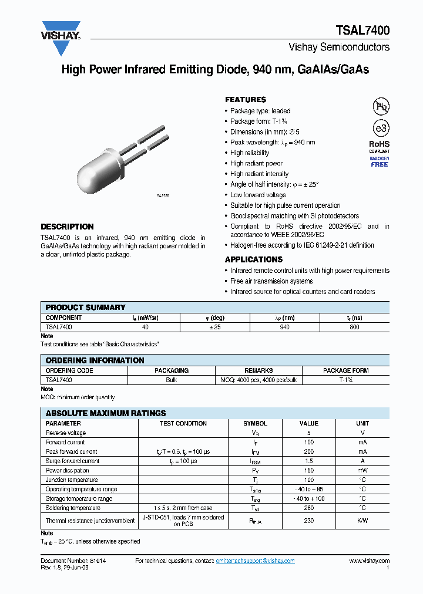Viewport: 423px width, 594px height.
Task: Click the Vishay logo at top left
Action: point(60,31)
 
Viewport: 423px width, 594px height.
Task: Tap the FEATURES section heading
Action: point(246,100)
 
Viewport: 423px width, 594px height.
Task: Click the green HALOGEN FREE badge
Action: point(380,162)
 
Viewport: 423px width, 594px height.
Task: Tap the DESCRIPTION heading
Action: point(67,227)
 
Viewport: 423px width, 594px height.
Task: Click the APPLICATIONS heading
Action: point(254,259)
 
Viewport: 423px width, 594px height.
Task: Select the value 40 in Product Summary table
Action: point(145,327)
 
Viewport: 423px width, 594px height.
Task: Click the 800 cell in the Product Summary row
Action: point(354,327)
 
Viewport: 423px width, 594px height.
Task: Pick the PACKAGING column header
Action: point(172,370)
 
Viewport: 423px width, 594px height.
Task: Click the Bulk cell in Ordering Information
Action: point(172,380)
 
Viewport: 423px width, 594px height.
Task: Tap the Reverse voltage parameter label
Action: point(66,433)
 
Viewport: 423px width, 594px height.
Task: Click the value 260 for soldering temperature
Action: point(308,508)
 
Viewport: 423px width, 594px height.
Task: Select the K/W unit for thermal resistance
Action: point(362,521)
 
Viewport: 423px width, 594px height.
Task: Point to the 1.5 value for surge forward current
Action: point(308,461)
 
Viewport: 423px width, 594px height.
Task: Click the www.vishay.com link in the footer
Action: point(369,561)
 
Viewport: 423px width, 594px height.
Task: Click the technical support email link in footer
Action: point(255,561)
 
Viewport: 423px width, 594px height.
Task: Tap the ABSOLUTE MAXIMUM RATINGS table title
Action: point(106,413)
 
